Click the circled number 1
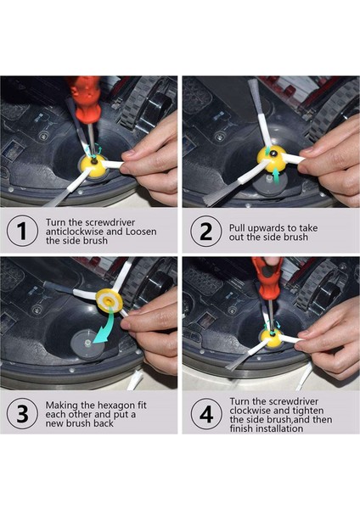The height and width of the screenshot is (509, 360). click(x=22, y=231)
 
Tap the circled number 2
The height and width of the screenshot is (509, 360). click(x=206, y=231)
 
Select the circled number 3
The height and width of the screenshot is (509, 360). click(x=22, y=414)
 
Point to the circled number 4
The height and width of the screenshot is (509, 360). click(x=206, y=414)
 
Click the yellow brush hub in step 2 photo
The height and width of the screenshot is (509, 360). click(x=272, y=158)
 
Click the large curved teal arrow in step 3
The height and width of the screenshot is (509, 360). click(x=104, y=327)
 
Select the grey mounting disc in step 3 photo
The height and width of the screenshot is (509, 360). click(x=88, y=344)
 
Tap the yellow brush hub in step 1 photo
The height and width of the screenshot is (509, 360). click(x=93, y=163)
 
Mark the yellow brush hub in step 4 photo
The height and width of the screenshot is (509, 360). click(x=272, y=338)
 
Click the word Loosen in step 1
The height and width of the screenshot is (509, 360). click(x=141, y=232)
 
